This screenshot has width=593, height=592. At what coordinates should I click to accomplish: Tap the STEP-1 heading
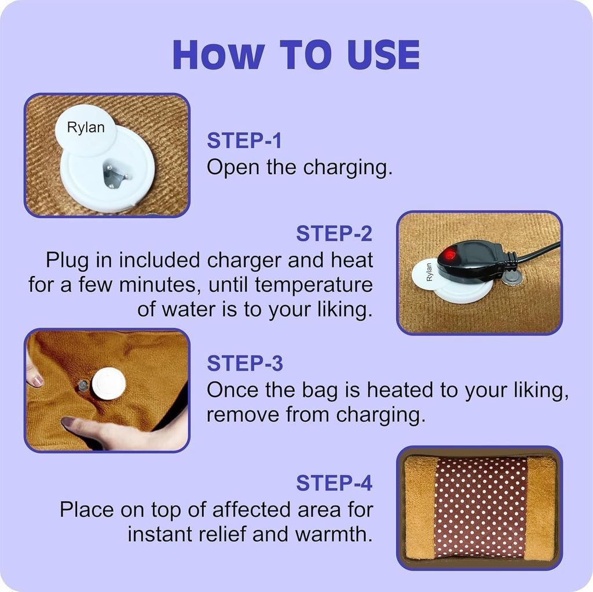tap(244, 141)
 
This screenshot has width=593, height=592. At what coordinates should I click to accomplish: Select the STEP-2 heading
tap(334, 233)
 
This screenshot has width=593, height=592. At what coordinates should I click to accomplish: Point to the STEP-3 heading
tap(244, 363)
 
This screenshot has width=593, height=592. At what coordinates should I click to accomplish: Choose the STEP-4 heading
tap(334, 483)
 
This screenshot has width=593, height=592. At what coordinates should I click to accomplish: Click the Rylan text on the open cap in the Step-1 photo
tap(86, 128)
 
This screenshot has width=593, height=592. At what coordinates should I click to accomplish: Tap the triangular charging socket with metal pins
tap(114, 175)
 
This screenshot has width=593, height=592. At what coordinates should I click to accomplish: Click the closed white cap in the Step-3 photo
tap(108, 384)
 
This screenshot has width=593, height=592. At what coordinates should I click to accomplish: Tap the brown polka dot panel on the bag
tap(480, 508)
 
